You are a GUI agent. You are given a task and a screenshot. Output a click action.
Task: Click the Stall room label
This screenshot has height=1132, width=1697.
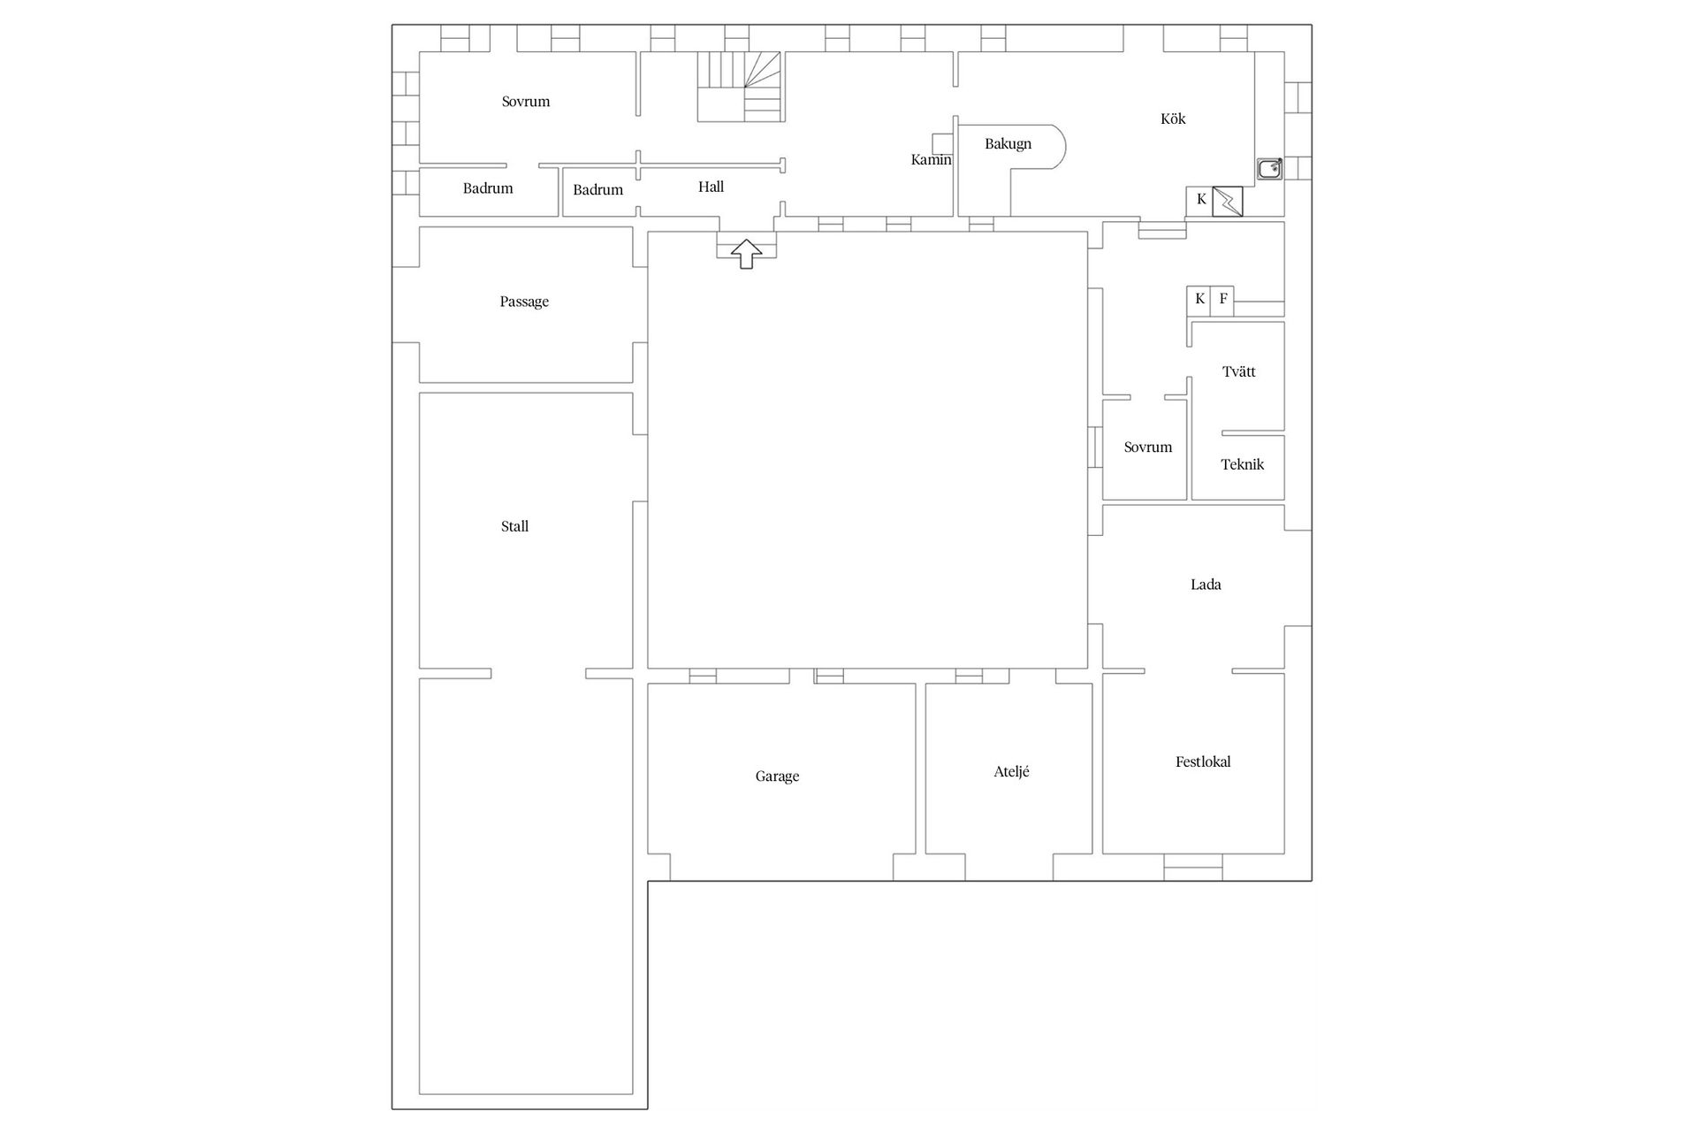tap(514, 526)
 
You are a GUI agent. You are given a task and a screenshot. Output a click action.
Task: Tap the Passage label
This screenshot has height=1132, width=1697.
tap(524, 302)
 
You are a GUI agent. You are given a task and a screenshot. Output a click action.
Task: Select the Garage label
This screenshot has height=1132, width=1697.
tap(777, 776)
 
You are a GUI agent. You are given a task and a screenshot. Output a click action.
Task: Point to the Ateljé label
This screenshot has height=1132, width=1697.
tap(1011, 771)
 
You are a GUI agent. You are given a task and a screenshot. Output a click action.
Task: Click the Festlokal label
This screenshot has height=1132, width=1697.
tap(1202, 761)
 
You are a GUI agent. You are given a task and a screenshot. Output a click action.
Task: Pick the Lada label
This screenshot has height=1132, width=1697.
tap(1206, 585)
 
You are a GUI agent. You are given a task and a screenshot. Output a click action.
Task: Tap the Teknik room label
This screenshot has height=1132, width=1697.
tap(1242, 464)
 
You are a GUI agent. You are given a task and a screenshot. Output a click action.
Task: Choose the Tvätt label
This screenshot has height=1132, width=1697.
tap(1238, 371)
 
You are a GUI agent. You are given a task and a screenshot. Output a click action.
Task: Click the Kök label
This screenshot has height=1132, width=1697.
tap(1173, 119)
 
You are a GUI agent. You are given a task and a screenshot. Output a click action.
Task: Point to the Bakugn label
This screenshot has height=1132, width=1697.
tap(1008, 144)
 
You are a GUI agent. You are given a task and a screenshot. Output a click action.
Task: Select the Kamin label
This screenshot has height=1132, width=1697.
tap(931, 160)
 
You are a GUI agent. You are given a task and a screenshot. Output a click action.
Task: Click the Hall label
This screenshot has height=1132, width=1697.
tap(711, 187)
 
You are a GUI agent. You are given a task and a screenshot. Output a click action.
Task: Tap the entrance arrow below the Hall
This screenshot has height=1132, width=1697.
tap(747, 253)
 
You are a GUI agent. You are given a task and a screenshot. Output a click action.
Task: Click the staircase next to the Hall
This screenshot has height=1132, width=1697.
tap(741, 86)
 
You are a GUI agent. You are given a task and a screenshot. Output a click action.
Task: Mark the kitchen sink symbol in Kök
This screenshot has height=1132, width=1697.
tap(1270, 169)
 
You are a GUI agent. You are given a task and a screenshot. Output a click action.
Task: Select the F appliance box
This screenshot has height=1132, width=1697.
tap(1223, 299)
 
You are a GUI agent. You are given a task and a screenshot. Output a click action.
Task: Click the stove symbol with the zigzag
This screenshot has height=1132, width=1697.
tap(1228, 201)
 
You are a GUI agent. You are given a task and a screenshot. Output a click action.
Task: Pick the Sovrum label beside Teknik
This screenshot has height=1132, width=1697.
tap(1147, 447)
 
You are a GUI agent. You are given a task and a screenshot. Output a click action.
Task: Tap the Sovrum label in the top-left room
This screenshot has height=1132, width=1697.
tap(526, 102)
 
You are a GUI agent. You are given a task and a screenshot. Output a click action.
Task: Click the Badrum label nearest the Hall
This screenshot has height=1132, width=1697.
tap(597, 189)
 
